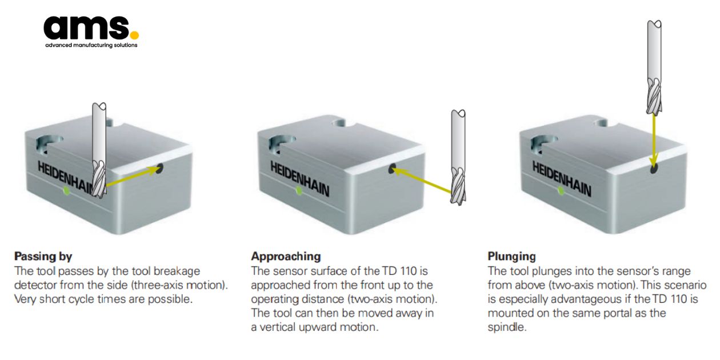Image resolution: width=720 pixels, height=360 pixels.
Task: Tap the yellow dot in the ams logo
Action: click(134, 35)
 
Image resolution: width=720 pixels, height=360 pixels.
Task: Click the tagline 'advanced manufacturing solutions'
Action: click(91, 45)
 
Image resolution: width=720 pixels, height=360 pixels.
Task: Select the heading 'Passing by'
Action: click(43, 256)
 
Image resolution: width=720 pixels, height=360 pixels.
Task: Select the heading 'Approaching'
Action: click(286, 256)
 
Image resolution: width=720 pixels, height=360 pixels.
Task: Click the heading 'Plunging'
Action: click(511, 256)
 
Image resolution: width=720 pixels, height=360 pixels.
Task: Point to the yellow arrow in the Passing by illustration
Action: click(131, 177)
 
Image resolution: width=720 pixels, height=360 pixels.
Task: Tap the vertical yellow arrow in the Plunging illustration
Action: click(653, 137)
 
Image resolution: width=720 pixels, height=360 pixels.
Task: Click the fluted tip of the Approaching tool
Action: click(458, 186)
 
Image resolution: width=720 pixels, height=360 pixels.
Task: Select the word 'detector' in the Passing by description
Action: click(33, 285)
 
